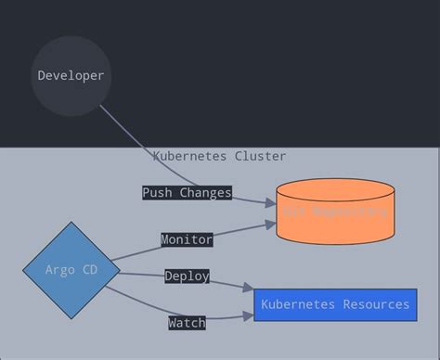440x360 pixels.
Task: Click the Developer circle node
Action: [x=71, y=76]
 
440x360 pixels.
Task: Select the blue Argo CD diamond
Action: [x=71, y=270]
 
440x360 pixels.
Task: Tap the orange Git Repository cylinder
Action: [x=335, y=213]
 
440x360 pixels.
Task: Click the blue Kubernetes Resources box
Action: [x=335, y=304]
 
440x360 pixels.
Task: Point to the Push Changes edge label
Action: [x=187, y=193]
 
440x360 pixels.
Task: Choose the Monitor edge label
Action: [x=187, y=239]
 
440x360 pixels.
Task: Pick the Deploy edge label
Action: [x=187, y=276]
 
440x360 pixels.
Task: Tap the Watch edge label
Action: [x=187, y=323]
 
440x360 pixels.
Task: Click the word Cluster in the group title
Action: [x=260, y=156]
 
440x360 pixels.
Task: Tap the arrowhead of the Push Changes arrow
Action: [x=270, y=201]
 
